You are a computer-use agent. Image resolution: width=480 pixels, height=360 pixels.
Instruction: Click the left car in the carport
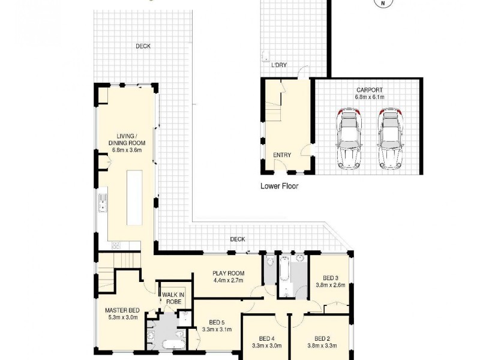[x=349, y=139]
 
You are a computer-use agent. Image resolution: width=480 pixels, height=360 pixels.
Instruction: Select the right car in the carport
[x=389, y=139]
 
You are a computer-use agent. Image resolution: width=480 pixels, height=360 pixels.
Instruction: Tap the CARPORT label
[x=368, y=91]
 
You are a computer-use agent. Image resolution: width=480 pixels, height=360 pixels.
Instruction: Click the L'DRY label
[x=279, y=65]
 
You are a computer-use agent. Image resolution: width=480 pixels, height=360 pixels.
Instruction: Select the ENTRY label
[x=282, y=155]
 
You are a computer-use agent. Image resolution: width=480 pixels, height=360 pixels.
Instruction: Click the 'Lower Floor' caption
[x=279, y=186]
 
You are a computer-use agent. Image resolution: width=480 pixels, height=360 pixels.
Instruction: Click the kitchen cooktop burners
[x=115, y=244]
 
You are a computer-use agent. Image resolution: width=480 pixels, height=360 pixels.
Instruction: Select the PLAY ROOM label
[x=227, y=273]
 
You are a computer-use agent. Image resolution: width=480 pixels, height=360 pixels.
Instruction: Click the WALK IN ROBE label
[x=173, y=298]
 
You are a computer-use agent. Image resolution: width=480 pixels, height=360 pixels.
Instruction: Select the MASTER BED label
[x=122, y=310]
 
